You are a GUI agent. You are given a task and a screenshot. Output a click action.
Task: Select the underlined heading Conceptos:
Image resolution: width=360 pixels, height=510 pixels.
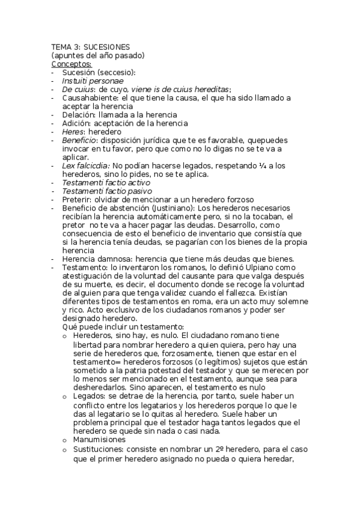(x=72, y=64)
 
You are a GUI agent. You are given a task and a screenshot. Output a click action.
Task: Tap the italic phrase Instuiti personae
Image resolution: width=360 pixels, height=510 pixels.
(x=93, y=81)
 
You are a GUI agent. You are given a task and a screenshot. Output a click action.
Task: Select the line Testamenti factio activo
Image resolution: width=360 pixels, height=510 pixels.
(x=106, y=182)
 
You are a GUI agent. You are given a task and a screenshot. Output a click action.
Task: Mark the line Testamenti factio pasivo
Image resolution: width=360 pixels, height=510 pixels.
(x=106, y=191)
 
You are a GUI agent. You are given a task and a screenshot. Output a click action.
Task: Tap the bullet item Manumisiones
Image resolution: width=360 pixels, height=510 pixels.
(x=100, y=439)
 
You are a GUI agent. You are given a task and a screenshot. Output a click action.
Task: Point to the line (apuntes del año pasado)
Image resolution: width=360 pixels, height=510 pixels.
(x=98, y=55)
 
